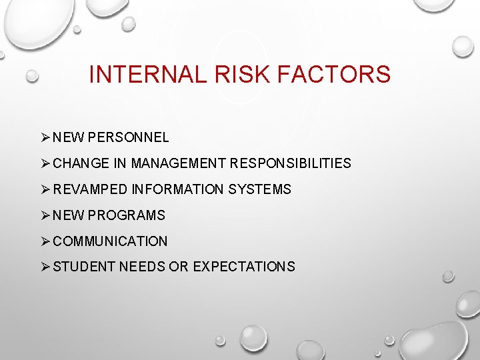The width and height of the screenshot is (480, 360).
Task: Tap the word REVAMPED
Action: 90,190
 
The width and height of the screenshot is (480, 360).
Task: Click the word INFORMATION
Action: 178,190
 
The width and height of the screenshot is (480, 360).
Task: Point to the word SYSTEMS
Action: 260,190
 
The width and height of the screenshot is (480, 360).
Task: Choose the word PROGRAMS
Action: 126,216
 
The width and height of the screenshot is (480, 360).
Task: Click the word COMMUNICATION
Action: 110,241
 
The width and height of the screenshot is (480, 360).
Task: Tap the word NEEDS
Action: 142,267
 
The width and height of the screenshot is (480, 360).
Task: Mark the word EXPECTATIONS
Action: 244,267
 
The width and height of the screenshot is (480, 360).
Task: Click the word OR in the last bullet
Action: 179,267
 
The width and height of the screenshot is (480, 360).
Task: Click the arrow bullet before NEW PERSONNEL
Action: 45,138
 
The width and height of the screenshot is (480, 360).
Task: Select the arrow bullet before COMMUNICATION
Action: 45,241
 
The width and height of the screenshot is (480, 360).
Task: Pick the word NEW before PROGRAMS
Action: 69,216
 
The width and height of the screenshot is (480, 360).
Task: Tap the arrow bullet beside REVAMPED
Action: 45,190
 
